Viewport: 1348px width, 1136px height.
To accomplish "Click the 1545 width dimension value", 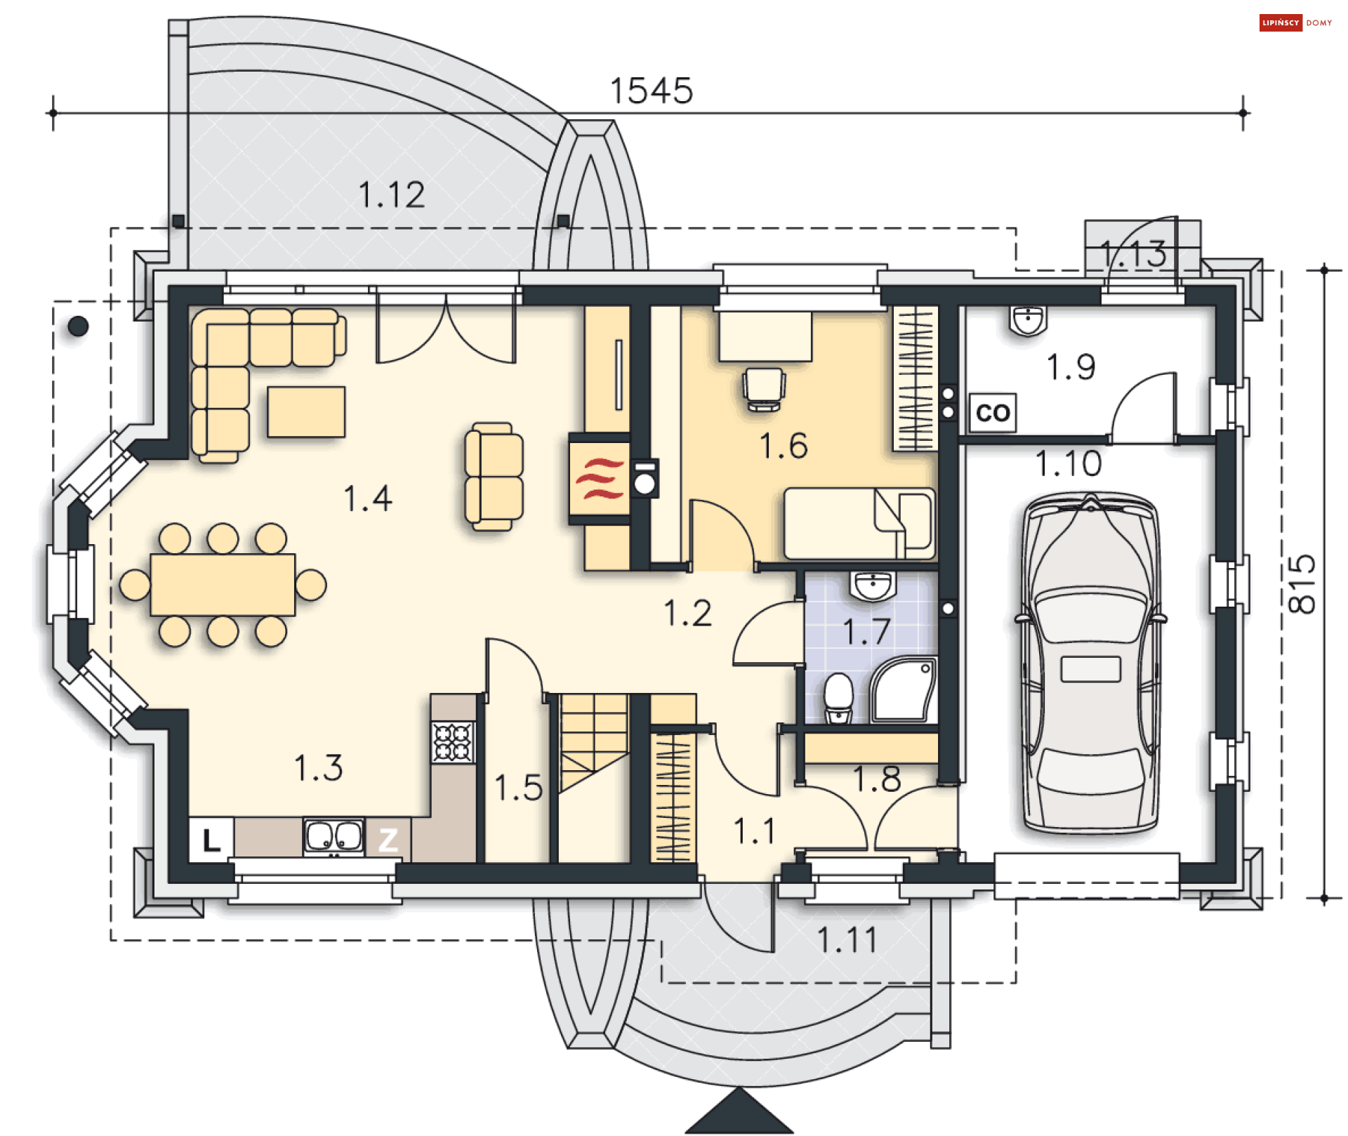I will (x=652, y=91).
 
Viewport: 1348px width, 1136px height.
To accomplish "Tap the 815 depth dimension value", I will (x=1303, y=584).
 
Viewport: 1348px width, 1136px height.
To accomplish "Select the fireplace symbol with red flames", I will (x=599, y=479).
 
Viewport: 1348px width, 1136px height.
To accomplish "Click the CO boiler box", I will (x=992, y=413).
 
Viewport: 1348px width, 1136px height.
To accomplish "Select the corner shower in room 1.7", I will (x=904, y=689).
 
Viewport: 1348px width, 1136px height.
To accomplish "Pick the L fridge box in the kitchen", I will (x=211, y=840).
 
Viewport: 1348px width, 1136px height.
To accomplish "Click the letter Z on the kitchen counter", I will (x=388, y=840).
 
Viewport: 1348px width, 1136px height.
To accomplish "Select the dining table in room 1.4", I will (x=223, y=585).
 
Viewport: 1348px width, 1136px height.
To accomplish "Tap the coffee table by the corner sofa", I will (x=306, y=411).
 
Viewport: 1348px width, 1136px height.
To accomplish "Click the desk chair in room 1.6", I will (x=764, y=388).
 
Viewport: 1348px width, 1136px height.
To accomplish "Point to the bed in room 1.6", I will (x=859, y=524).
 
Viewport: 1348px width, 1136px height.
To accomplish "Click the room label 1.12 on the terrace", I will (x=392, y=195).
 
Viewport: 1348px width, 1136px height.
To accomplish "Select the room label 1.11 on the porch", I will (x=847, y=940).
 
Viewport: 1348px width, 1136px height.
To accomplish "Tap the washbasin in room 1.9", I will (x=1028, y=320).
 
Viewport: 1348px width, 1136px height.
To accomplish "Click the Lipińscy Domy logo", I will (x=1295, y=22).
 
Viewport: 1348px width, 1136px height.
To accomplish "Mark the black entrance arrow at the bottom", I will (x=739, y=1113).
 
